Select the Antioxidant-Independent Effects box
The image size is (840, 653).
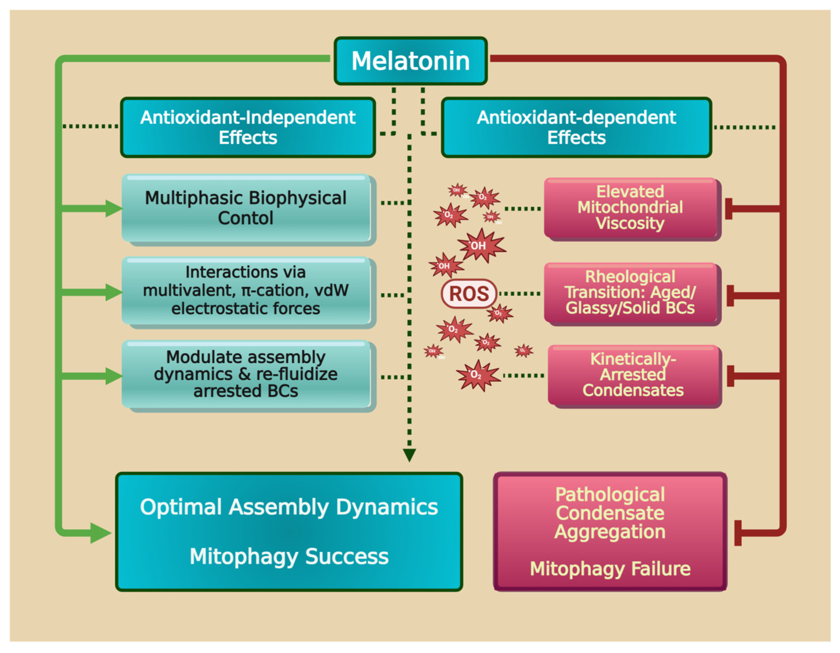click(248, 127)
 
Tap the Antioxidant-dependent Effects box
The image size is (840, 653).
click(576, 127)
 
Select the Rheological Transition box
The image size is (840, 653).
click(632, 294)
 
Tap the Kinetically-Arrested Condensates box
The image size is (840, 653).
click(634, 376)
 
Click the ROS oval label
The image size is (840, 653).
click(469, 294)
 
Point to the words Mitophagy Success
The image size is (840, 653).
click(289, 557)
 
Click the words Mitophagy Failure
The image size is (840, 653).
click(610, 569)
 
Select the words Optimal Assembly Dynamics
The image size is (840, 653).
click(289, 507)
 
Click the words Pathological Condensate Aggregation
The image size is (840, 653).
click(610, 513)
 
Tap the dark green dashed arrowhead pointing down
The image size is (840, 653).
click(409, 455)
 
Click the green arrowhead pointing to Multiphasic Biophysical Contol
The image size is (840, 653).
click(114, 209)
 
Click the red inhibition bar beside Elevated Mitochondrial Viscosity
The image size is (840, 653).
click(729, 209)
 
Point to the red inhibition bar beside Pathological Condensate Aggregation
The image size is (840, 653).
click(738, 533)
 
